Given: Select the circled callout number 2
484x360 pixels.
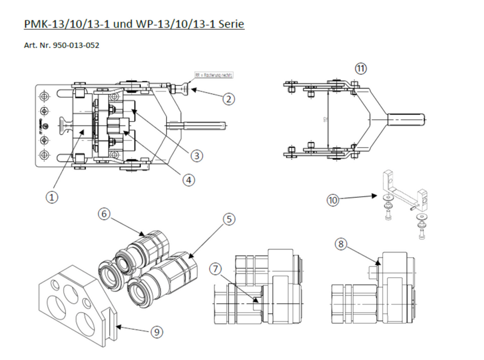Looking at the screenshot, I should [x=229, y=99].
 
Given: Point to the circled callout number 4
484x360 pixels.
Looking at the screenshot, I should [x=189, y=180].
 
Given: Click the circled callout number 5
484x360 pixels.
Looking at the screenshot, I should [x=229, y=219].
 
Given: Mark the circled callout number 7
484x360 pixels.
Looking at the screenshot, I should [x=216, y=268].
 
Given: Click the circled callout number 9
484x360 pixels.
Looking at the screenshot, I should [x=156, y=332].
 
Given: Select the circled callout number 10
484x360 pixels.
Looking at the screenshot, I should [x=334, y=200].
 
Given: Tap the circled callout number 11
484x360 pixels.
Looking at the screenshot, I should [x=361, y=68].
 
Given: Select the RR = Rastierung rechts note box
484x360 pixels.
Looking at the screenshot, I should [x=213, y=75].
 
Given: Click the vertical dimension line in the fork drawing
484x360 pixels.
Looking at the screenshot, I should [x=327, y=119].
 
